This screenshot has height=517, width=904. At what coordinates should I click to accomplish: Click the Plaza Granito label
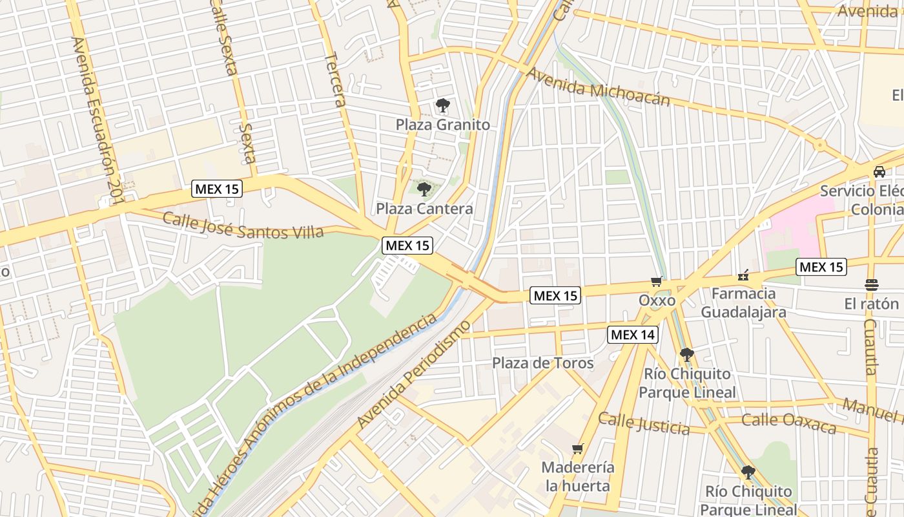pyautogui.click(x=443, y=125)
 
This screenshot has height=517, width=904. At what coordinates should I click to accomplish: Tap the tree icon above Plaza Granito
pyautogui.click(x=442, y=105)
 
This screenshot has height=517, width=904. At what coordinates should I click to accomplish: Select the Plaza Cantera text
pyautogui.click(x=424, y=209)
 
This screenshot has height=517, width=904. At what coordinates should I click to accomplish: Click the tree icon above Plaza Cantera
pyautogui.click(x=424, y=189)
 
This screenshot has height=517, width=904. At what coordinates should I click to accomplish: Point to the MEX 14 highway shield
pyautogui.click(x=633, y=335)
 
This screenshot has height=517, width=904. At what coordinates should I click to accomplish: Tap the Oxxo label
pyautogui.click(x=657, y=301)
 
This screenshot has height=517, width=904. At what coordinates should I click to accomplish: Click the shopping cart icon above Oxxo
pyautogui.click(x=657, y=281)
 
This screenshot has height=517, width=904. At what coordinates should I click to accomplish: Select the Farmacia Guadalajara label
pyautogui.click(x=743, y=303)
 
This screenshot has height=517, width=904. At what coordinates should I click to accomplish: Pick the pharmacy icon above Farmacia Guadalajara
pyautogui.click(x=743, y=276)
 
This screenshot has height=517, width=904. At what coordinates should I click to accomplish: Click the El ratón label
pyautogui.click(x=871, y=304)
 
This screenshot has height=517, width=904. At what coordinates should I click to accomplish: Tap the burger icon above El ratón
pyautogui.click(x=871, y=284)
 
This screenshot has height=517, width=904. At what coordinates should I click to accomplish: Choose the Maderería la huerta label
pyautogui.click(x=577, y=476)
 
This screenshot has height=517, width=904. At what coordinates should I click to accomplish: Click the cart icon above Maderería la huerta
pyautogui.click(x=577, y=448)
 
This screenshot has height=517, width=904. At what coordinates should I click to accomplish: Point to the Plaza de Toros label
pyautogui.click(x=542, y=363)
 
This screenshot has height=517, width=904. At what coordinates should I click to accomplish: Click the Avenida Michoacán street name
pyautogui.click(x=598, y=87)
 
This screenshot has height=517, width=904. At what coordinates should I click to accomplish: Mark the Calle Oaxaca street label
pyautogui.click(x=788, y=423)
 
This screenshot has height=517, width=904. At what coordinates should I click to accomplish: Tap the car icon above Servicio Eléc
pyautogui.click(x=879, y=172)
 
